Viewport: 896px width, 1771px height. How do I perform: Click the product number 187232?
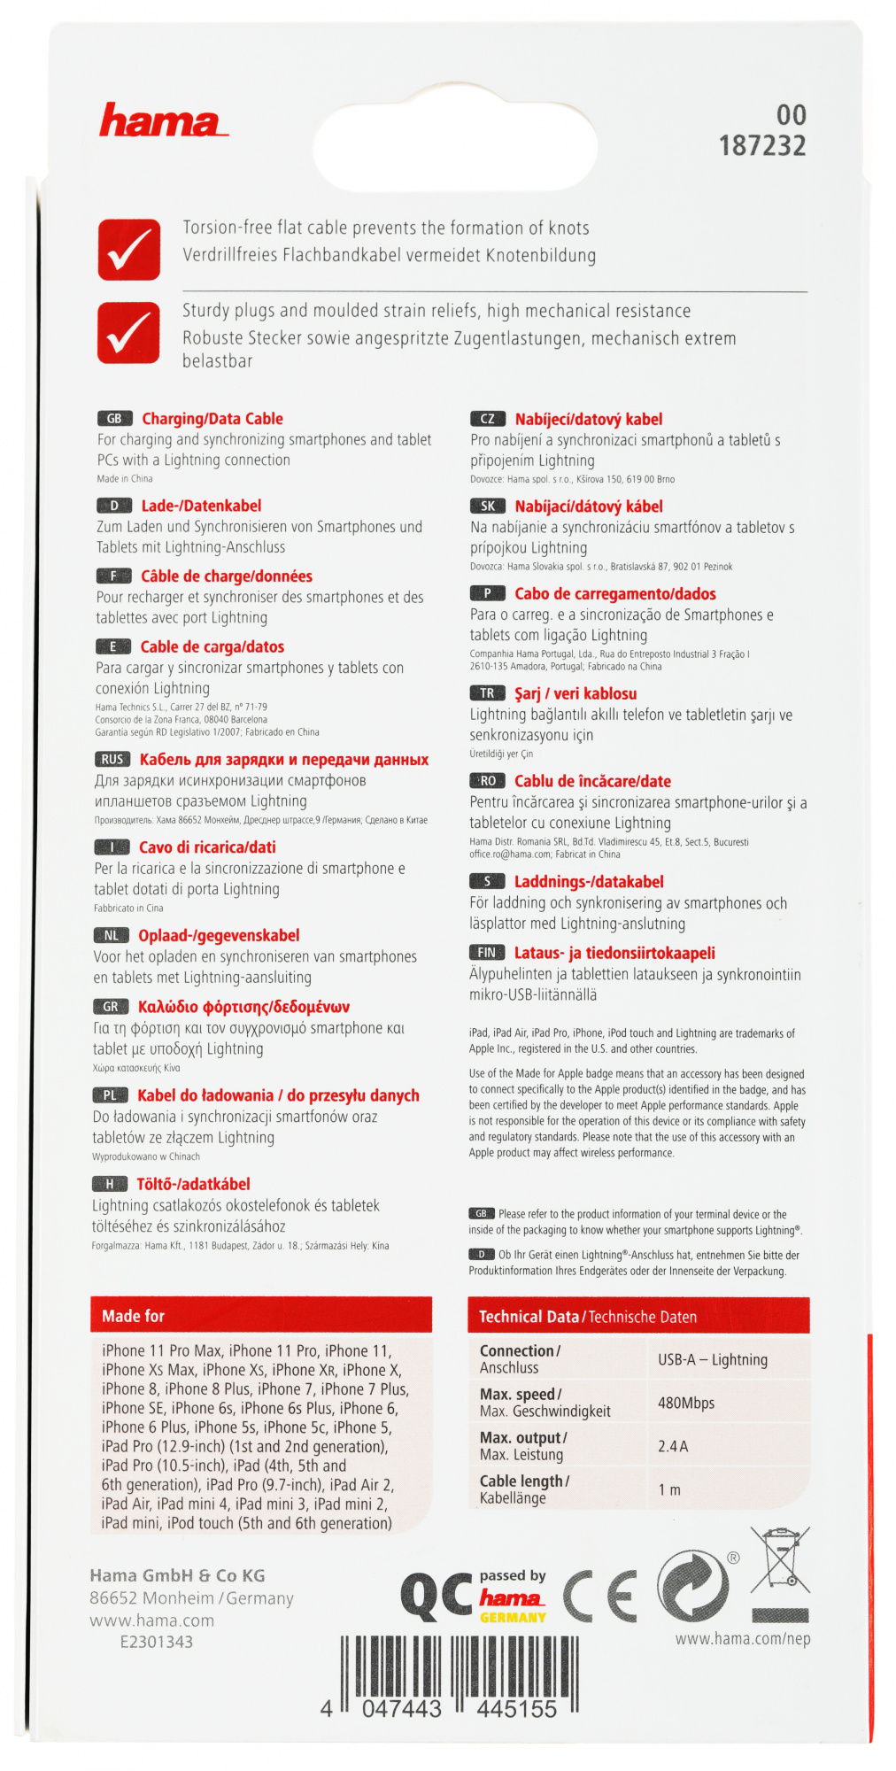pyautogui.click(x=762, y=145)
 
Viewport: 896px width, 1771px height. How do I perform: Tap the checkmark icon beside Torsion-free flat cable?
pyautogui.click(x=129, y=250)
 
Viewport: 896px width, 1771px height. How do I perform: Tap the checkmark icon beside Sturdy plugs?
pyautogui.click(x=129, y=332)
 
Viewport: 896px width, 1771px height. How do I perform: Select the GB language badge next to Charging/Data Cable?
pyautogui.click(x=115, y=419)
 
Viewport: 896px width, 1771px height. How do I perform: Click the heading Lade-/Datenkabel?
pyautogui.click(x=201, y=506)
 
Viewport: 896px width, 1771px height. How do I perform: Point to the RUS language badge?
pyautogui.click(x=112, y=759)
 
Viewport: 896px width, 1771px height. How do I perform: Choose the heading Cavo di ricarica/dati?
pyautogui.click(x=207, y=847)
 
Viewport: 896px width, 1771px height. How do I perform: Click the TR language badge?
pyautogui.click(x=487, y=693)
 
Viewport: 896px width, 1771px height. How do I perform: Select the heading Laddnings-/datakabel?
pyautogui.click(x=589, y=881)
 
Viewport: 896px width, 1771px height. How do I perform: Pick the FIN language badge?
pyautogui.click(x=487, y=952)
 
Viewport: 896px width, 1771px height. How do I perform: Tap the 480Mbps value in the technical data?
pyautogui.click(x=686, y=1403)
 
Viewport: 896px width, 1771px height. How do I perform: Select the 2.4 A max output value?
pyautogui.click(x=673, y=1446)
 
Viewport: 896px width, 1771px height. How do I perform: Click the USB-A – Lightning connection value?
pyautogui.click(x=713, y=1359)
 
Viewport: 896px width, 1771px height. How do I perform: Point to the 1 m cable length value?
pyautogui.click(x=669, y=1489)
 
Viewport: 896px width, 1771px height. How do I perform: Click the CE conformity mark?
pyautogui.click(x=600, y=1596)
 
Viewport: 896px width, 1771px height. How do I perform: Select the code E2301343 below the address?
pyautogui.click(x=157, y=1641)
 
